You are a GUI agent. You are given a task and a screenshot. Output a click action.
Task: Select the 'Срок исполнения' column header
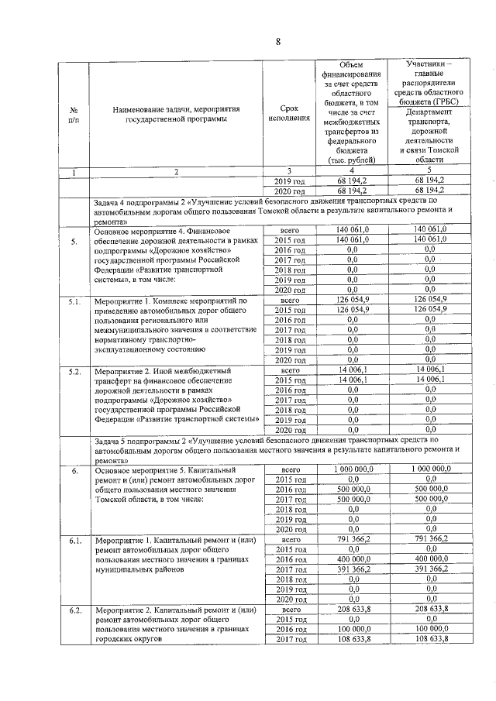pos(288,115)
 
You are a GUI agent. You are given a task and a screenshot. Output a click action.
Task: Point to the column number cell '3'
pos(288,170)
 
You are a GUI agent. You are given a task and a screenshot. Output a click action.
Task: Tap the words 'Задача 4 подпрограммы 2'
pos(140,201)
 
